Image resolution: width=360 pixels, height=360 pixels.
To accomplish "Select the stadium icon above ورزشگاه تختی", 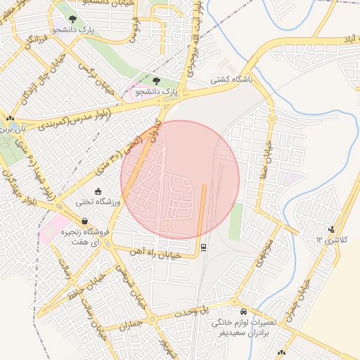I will tap(98, 191).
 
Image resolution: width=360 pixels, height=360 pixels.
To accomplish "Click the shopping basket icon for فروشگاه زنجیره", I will tap(84, 221).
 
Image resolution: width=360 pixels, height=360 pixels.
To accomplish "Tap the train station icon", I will tap(203, 247).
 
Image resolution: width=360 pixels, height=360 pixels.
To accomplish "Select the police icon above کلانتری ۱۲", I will tap(331, 228).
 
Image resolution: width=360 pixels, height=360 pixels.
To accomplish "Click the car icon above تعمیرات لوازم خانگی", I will tap(243, 311).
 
